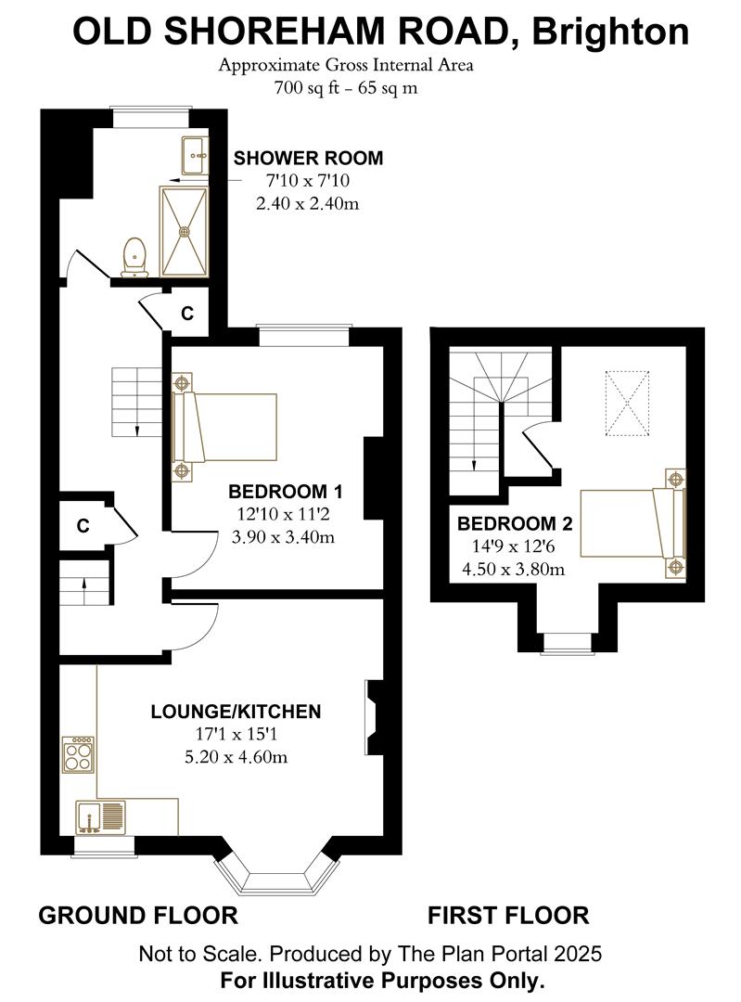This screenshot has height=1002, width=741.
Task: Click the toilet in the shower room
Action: click(x=134, y=257)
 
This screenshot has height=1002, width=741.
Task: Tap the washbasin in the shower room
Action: click(x=195, y=155)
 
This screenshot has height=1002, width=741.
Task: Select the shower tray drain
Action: click(x=185, y=231)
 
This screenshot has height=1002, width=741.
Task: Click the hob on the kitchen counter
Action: click(x=79, y=755)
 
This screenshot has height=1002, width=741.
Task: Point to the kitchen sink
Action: click(x=101, y=816)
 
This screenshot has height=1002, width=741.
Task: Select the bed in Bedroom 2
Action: click(x=633, y=522)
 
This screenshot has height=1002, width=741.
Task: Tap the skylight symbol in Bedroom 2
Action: click(x=627, y=404)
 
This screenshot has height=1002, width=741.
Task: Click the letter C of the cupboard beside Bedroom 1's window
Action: click(x=187, y=314)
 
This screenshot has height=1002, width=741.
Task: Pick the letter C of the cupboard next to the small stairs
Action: click(x=83, y=525)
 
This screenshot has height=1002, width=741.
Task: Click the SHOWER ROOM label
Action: click(x=308, y=158)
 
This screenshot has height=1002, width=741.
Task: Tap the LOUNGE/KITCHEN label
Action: click(x=236, y=712)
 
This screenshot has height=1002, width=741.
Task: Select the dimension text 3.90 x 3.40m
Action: click(x=283, y=537)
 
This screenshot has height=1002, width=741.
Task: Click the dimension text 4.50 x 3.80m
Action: click(x=513, y=569)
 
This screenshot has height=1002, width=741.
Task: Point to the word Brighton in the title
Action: click(x=610, y=32)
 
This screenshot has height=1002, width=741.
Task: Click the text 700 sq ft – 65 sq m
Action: click(x=346, y=87)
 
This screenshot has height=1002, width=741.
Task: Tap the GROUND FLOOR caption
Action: click(x=138, y=915)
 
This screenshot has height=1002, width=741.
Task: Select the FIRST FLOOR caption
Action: click(x=508, y=915)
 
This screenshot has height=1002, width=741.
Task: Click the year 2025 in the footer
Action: click(x=578, y=954)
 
